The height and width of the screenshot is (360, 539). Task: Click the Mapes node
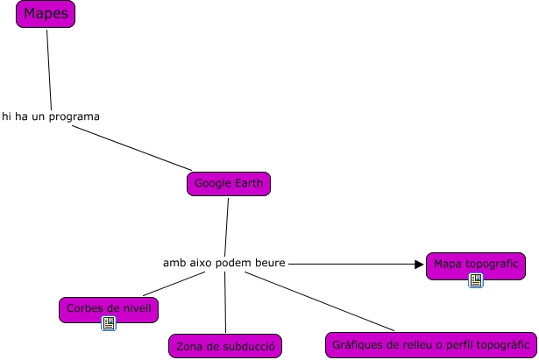(46, 14)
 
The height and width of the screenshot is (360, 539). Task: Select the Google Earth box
(228, 184)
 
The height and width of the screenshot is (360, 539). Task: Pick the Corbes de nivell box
(109, 308)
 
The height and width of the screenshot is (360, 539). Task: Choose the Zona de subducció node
(225, 346)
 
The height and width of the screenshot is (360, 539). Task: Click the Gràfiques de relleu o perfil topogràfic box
(430, 344)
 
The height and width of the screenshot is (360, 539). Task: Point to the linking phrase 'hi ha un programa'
(51, 116)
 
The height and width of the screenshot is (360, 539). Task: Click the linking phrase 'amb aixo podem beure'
(224, 263)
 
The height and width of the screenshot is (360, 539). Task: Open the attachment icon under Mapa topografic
(476, 280)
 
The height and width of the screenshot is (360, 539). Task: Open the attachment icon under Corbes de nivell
(110, 323)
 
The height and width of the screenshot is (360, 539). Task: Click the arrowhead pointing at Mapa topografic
(419, 263)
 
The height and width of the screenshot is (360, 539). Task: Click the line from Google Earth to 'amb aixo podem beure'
(226, 226)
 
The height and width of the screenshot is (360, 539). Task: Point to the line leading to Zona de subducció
(225, 302)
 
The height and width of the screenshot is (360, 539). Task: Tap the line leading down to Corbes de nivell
(175, 284)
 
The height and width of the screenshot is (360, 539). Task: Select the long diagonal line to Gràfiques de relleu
(307, 302)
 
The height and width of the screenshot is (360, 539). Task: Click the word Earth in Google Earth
(246, 184)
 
